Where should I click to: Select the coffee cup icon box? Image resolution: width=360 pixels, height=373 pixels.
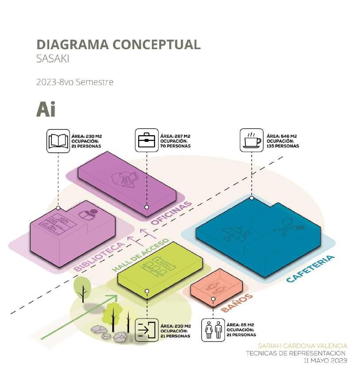point(252,140)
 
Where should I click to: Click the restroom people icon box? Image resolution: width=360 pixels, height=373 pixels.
point(213,330)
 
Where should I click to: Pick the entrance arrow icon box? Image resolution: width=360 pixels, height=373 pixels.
point(147,330)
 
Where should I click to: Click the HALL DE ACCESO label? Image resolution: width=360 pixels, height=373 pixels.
point(140,255)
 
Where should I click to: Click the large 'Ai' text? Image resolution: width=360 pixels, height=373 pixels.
point(46,110)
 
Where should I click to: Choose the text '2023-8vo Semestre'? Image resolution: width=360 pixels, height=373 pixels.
point(75,82)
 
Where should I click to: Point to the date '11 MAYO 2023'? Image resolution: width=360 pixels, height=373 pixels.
point(325,361)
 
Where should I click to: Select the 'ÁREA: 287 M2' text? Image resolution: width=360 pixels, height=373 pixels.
point(175,136)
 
